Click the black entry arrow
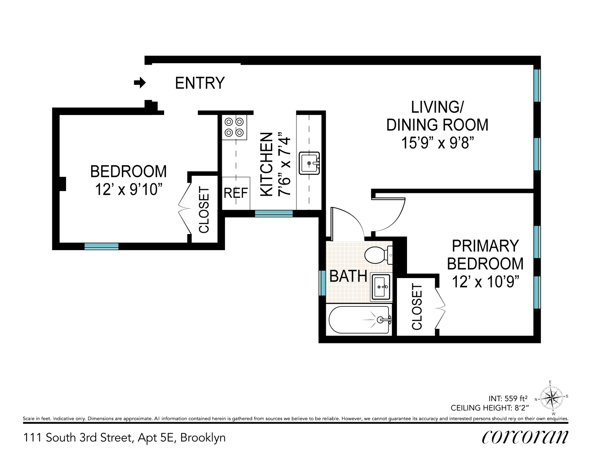(140, 82)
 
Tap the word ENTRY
(200, 83)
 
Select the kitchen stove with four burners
(234, 127)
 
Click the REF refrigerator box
(236, 193)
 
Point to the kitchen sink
(309, 163)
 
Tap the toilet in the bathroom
(379, 255)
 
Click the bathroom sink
(381, 287)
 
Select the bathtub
(359, 320)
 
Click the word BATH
(348, 276)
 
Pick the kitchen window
(274, 213)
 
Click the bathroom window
(322, 283)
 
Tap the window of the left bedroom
(102, 246)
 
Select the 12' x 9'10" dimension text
(128, 189)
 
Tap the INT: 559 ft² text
(508, 398)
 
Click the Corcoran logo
(525, 437)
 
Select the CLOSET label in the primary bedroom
(417, 307)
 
